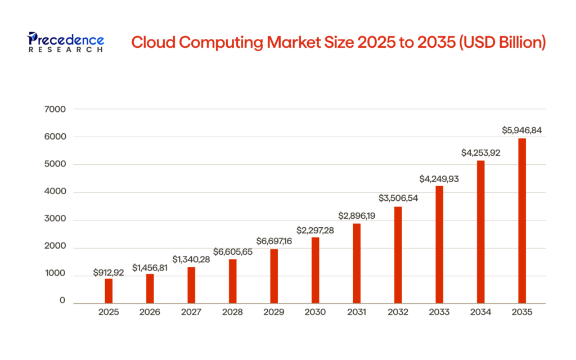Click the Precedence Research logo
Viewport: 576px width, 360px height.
(65, 42)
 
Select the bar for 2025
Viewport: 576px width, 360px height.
(109, 291)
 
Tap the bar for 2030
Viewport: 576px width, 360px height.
(315, 271)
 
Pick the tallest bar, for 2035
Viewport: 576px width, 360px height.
(522, 220)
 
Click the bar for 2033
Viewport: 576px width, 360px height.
(439, 245)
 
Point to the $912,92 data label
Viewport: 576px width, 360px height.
(109, 273)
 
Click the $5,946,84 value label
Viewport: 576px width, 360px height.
(522, 130)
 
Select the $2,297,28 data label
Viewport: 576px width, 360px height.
(315, 231)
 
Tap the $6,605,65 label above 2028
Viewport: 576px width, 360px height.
(233, 252)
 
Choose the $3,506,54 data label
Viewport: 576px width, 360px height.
(398, 199)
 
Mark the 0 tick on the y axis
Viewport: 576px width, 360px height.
(62, 301)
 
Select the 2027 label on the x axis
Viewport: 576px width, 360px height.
(191, 311)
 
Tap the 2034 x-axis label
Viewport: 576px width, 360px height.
(481, 311)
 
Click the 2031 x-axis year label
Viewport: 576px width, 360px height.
(357, 311)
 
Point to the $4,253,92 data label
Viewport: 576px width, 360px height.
(481, 152)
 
